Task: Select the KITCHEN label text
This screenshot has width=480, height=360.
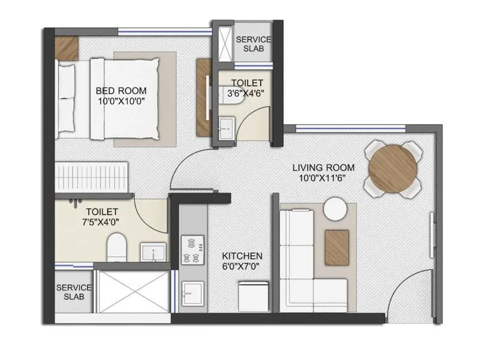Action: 242,256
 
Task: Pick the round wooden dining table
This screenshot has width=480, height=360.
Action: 393,169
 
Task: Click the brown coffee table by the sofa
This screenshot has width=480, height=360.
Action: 337,247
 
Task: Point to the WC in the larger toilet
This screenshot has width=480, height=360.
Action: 116,247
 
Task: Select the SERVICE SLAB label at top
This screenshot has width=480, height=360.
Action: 253,44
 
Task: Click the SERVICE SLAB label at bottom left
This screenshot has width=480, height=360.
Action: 73,292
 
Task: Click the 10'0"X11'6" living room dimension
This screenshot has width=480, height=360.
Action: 323,178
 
